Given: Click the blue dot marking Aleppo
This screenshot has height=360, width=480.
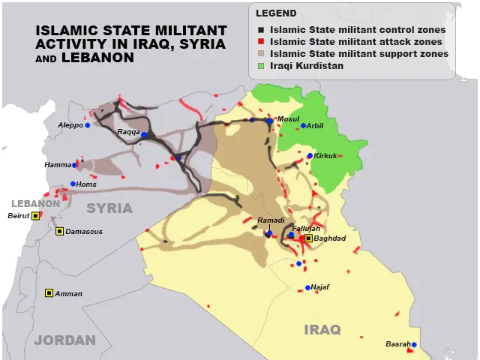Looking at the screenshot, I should [x=88, y=125].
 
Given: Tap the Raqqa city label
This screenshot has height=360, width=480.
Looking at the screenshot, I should [x=128, y=132].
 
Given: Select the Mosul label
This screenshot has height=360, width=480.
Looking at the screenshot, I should [x=288, y=119].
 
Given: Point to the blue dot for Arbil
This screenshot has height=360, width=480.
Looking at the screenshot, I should [x=303, y=126].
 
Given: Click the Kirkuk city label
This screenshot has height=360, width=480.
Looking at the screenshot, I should [x=325, y=156].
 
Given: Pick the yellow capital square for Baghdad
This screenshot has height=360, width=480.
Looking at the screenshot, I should [x=308, y=238].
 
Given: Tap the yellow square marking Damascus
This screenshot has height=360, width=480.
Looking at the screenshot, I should [x=59, y=231].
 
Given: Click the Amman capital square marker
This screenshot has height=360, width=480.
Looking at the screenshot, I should [x=49, y=293].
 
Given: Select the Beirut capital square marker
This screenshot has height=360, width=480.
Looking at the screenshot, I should [x=34, y=216].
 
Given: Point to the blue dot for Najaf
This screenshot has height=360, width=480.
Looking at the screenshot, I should [x=308, y=287].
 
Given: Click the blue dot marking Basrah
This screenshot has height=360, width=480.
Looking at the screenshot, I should [x=413, y=345].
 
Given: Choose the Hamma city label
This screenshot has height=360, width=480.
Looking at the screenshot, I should [x=58, y=165].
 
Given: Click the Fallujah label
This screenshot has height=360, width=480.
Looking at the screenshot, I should [x=306, y=228].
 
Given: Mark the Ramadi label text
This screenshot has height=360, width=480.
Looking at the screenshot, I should [x=271, y=220].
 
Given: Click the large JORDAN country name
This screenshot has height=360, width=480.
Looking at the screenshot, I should [x=65, y=340].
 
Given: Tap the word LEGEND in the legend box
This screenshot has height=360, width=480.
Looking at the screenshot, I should [x=276, y=13].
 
